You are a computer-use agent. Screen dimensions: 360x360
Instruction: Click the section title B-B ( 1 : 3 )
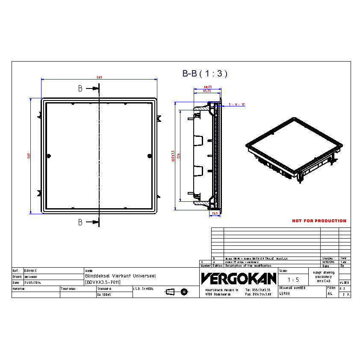click(205, 74)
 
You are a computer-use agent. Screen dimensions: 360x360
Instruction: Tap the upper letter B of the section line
click(80, 89)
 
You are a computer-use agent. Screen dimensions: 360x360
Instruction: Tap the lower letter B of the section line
click(80, 222)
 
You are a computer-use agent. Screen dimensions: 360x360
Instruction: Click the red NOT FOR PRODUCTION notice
click(319, 221)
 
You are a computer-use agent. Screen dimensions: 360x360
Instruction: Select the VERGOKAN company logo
click(239, 279)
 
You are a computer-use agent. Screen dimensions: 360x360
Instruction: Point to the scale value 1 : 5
click(293, 280)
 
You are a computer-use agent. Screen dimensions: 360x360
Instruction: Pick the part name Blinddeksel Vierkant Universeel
click(114, 276)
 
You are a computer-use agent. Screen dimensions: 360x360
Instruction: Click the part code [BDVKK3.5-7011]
click(103, 282)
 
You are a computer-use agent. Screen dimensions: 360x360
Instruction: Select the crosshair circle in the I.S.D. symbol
click(184, 292)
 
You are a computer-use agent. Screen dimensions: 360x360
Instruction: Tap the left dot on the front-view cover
click(48, 155)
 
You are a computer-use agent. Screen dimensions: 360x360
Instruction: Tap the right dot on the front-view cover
click(149, 155)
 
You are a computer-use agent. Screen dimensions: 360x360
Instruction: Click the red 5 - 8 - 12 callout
click(236, 104)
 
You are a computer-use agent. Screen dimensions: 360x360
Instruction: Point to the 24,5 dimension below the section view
click(215, 213)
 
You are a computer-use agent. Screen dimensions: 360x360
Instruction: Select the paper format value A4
click(330, 294)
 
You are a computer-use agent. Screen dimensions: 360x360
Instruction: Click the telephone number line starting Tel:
click(258, 290)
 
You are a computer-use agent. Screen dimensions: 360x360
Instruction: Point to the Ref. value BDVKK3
click(31, 271)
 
